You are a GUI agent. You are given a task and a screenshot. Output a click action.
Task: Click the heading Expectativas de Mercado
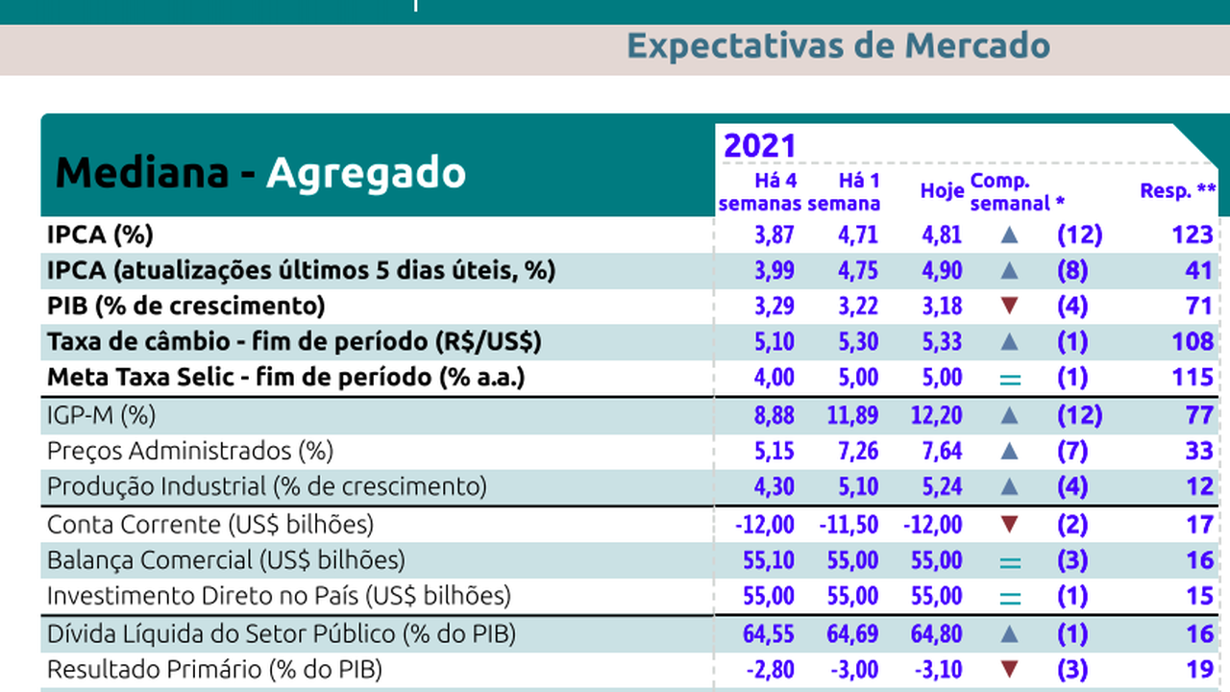838,45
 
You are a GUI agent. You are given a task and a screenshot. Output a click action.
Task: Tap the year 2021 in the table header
760,146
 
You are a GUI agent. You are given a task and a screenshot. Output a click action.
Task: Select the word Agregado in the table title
365,173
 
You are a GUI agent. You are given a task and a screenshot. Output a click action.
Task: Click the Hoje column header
942,191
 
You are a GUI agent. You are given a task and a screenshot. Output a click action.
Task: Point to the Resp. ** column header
1178,191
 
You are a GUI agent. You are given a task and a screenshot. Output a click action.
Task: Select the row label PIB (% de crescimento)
186,307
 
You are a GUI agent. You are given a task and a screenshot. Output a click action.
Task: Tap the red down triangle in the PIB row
1009,307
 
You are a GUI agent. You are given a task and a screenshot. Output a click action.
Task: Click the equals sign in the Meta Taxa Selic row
1009,379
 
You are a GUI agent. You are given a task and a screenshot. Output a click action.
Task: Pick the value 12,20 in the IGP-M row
935,415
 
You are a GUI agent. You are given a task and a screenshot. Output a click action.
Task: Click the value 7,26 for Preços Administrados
852,451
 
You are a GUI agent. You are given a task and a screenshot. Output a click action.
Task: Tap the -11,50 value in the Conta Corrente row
849,525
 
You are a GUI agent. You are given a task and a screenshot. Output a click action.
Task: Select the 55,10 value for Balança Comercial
769,560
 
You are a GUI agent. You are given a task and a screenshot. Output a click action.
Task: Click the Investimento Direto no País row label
279,596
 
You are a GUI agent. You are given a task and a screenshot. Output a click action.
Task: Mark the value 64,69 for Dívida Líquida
852,634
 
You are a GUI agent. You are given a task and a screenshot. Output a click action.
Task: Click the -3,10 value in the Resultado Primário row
933,670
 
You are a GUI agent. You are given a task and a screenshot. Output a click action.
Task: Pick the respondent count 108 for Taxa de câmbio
1193,342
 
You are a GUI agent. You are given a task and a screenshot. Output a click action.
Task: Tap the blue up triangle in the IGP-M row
1009,415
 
